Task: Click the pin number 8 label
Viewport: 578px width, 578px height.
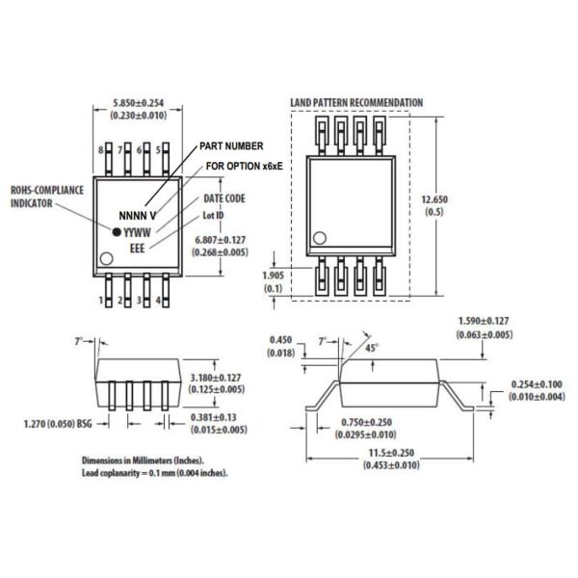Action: coord(101,150)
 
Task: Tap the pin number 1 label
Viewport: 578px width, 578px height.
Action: coord(101,301)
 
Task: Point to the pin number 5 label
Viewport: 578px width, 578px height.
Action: coord(158,150)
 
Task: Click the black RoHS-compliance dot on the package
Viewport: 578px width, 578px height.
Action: coord(118,232)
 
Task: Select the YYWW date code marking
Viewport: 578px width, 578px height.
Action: coord(141,232)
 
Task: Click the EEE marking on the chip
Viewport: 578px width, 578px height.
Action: coord(140,250)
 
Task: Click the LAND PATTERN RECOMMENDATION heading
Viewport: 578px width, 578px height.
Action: coord(355,102)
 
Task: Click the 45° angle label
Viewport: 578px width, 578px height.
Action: coord(371,348)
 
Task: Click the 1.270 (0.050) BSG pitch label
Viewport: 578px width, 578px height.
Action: coord(58,422)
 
